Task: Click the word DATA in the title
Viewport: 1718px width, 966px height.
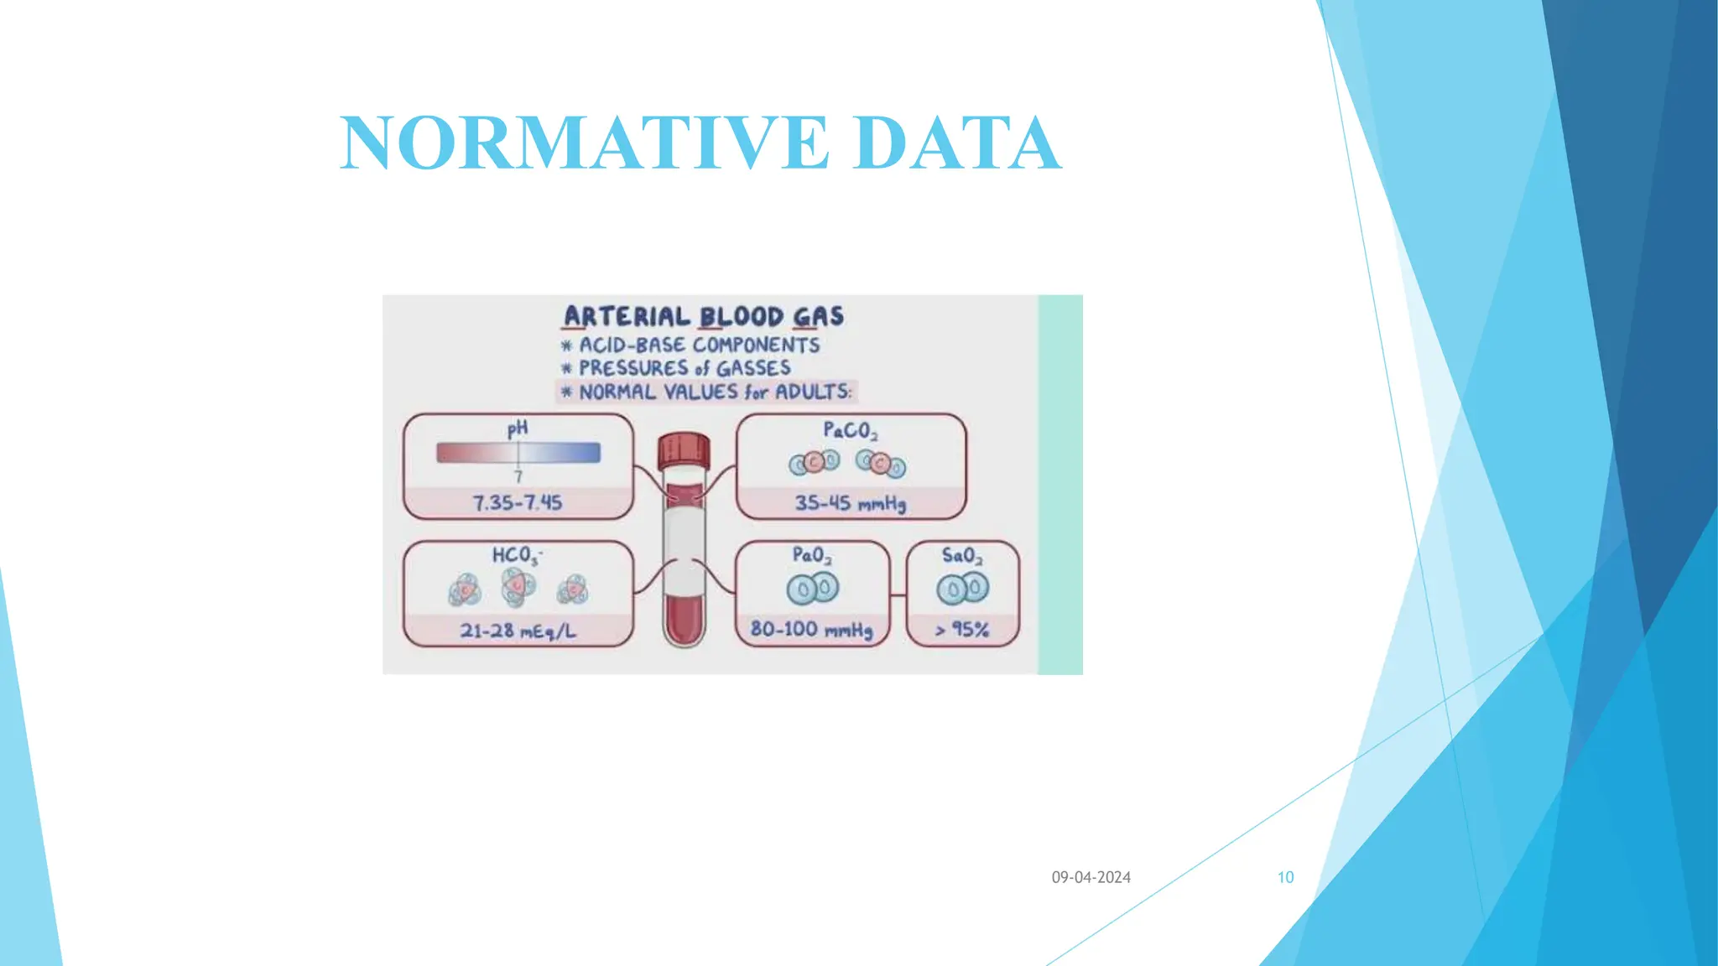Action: tap(956, 143)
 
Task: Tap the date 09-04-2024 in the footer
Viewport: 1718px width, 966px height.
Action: tap(1091, 877)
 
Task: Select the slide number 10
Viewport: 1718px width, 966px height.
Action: tap(1285, 877)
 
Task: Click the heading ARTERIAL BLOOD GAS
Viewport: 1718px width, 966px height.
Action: tap(703, 316)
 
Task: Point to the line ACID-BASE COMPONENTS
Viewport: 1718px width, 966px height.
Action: tap(698, 345)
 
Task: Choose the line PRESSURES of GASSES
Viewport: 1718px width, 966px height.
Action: tap(684, 368)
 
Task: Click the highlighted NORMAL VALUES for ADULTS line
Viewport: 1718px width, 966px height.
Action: tap(714, 392)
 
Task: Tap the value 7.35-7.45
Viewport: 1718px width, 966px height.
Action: tap(518, 502)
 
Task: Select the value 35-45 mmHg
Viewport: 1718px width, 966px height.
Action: tap(850, 503)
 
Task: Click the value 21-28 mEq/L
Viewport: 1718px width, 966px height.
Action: tap(518, 631)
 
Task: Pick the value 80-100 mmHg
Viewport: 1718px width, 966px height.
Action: tap(811, 629)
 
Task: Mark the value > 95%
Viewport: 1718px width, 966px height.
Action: tap(962, 630)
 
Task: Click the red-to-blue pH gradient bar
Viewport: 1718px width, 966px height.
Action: tap(518, 453)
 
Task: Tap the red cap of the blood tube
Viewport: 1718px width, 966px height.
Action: tap(684, 451)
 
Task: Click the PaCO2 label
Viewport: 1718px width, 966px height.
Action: tap(850, 431)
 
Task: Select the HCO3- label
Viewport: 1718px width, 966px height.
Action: tap(517, 555)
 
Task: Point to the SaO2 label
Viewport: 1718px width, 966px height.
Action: tap(961, 555)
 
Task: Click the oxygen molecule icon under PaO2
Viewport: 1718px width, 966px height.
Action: tap(812, 589)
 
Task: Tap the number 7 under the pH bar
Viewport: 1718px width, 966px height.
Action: tap(518, 477)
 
